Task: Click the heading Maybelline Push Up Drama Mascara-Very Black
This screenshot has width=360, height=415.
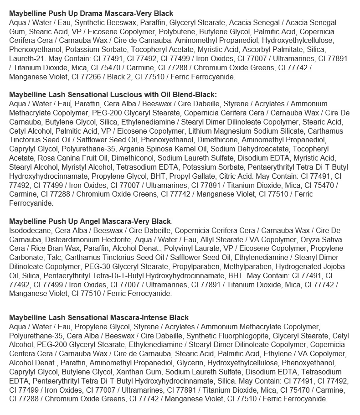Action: coord(91,14)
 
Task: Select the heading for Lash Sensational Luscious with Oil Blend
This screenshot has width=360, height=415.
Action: coord(113,95)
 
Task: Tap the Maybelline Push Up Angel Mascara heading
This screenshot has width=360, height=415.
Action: coord(90,221)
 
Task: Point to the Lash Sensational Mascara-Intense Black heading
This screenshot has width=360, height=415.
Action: coord(99,317)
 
